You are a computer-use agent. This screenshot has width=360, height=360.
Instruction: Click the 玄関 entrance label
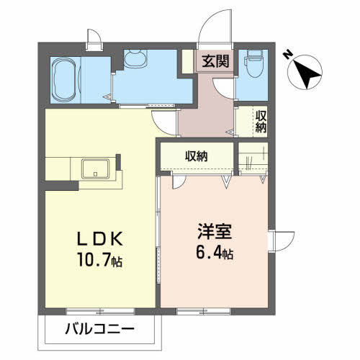tap(215, 61)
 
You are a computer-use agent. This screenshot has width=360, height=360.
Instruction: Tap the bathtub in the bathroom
tap(66, 81)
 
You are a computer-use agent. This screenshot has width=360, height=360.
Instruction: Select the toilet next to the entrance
tap(254, 63)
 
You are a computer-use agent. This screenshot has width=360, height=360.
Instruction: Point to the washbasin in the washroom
tap(136, 58)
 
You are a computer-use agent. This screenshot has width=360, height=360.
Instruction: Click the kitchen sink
tap(95, 168)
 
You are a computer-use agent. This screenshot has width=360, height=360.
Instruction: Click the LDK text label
tap(100, 238)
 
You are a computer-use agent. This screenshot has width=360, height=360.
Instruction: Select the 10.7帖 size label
tap(100, 260)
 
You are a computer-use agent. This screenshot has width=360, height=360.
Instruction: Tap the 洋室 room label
tap(215, 231)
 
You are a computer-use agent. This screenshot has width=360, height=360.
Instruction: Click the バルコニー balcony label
tap(99, 329)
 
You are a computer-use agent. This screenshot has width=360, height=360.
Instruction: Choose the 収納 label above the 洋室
tap(196, 156)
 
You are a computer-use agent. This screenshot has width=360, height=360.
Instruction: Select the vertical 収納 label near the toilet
tap(261, 122)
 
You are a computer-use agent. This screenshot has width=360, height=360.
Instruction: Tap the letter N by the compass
tap(287, 55)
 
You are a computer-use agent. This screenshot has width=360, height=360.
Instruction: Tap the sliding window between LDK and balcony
tap(100, 312)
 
